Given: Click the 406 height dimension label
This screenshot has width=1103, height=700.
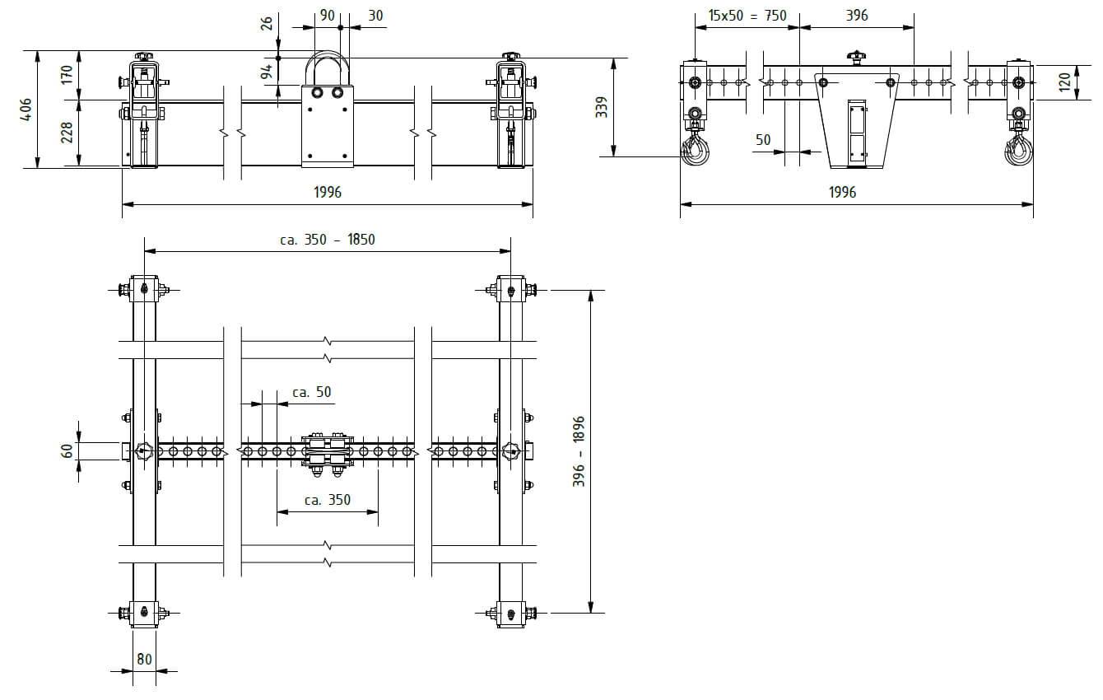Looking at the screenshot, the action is pyautogui.click(x=26, y=109).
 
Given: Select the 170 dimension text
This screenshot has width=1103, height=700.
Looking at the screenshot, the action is pyautogui.click(x=67, y=75).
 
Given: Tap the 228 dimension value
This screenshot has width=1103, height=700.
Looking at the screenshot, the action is pyautogui.click(x=67, y=133).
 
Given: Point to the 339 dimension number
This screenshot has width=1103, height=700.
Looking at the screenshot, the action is pyautogui.click(x=601, y=107).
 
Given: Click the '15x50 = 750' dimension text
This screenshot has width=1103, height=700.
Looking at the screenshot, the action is pyautogui.click(x=747, y=16).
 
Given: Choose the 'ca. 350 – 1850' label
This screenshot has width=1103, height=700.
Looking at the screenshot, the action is pyautogui.click(x=328, y=240).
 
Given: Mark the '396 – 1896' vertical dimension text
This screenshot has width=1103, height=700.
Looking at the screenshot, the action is pyautogui.click(x=579, y=452).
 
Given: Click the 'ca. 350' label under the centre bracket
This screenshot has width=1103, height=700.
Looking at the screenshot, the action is pyautogui.click(x=328, y=500).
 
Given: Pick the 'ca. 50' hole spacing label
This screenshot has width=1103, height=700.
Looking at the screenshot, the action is pyautogui.click(x=312, y=392).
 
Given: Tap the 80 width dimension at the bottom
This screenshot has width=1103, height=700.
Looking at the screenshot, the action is pyautogui.click(x=144, y=659).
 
